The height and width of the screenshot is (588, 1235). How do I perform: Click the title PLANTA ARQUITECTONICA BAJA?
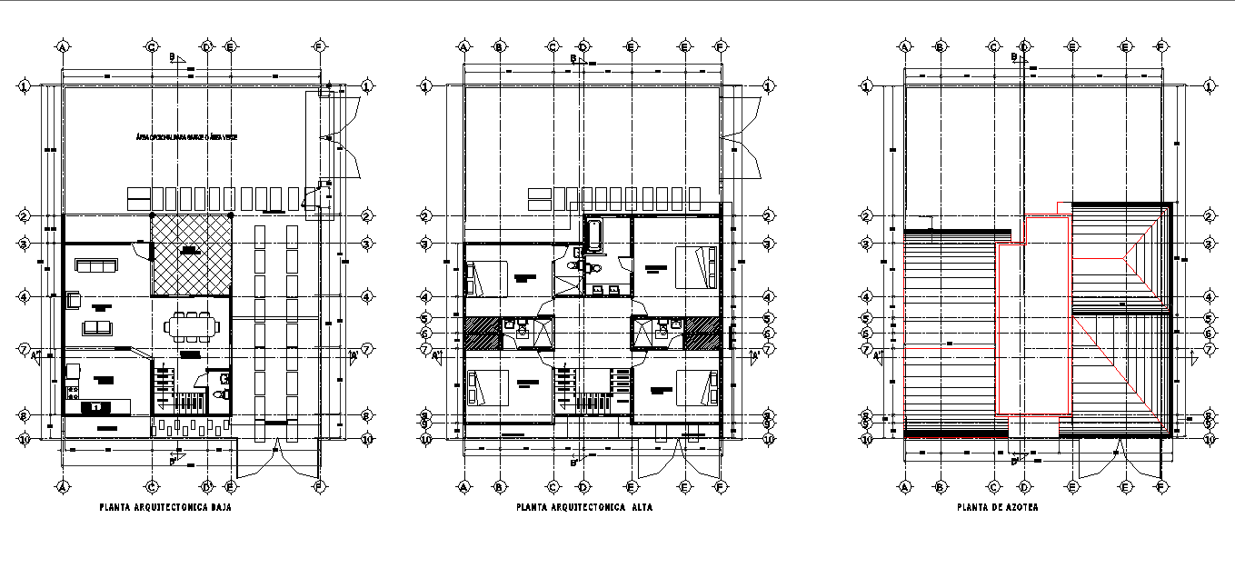click(x=164, y=508)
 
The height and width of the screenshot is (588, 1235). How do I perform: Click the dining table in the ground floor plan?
click(x=192, y=325)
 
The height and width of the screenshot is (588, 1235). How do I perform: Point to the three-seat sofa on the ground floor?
click(x=95, y=265)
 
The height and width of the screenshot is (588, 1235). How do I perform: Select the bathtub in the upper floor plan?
click(x=593, y=235)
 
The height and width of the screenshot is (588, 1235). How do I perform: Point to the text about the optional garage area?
click(x=185, y=137)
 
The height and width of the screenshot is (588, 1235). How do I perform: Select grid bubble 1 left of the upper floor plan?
click(x=424, y=86)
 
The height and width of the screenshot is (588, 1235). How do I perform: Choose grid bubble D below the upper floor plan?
click(x=583, y=487)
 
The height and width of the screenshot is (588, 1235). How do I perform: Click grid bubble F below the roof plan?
click(x=1160, y=487)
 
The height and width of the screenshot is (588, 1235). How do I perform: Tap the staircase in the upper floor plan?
click(x=593, y=393)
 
